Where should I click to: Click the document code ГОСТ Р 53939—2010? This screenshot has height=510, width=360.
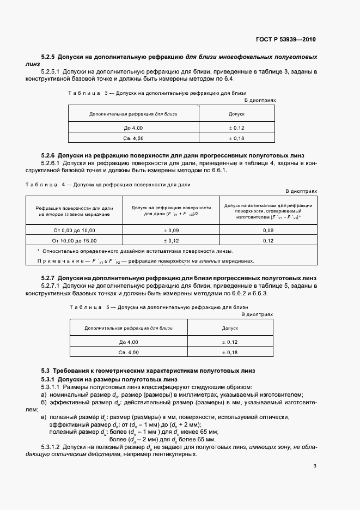tap(285, 40)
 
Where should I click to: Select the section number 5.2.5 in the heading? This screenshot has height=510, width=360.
tap(48, 57)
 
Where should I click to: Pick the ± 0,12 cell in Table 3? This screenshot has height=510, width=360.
tap(236, 127)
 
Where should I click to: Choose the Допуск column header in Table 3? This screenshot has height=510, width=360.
tap(236, 114)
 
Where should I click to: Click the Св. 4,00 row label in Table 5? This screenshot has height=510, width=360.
tap(129, 353)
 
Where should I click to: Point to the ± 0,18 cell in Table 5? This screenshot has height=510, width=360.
tap(230, 353)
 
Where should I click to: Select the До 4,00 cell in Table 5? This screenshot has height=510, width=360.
tap(129, 342)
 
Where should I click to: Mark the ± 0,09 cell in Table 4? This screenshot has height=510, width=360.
tap(171, 230)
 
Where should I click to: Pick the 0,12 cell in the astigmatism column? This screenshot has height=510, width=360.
tap(268, 240)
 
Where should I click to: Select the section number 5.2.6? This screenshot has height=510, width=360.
tap(48, 155)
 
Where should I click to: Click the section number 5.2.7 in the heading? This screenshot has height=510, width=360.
tap(48, 278)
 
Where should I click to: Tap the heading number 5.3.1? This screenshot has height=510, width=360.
tap(48, 379)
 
